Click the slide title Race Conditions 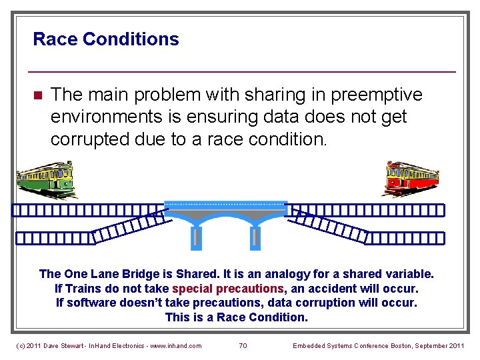pyautogui.click(x=105, y=39)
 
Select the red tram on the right pyautogui.click(x=411, y=178)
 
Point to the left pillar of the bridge pyautogui.click(x=196, y=237)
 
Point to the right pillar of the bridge pyautogui.click(x=254, y=237)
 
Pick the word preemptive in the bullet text pyautogui.click(x=372, y=95)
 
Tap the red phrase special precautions pyautogui.click(x=228, y=289)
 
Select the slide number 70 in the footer pyautogui.click(x=243, y=345)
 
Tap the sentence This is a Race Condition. pyautogui.click(x=237, y=317)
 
